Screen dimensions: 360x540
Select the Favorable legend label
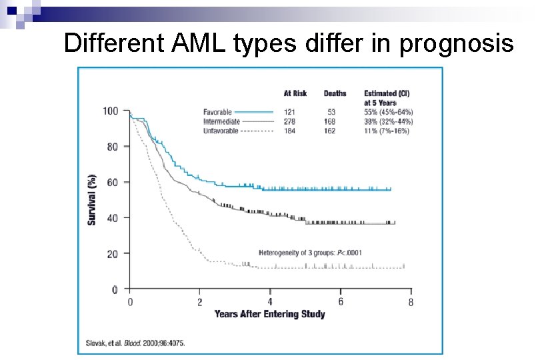click(x=217, y=112)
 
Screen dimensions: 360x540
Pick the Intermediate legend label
click(x=221, y=121)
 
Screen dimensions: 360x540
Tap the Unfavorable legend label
click(x=221, y=131)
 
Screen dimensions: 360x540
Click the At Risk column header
click(x=295, y=93)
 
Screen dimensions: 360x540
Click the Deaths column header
click(x=335, y=93)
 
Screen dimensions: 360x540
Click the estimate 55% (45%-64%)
click(x=388, y=112)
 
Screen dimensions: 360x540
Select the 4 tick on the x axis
click(x=270, y=302)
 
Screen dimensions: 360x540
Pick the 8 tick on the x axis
click(x=411, y=302)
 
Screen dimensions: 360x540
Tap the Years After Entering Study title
click(x=269, y=314)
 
